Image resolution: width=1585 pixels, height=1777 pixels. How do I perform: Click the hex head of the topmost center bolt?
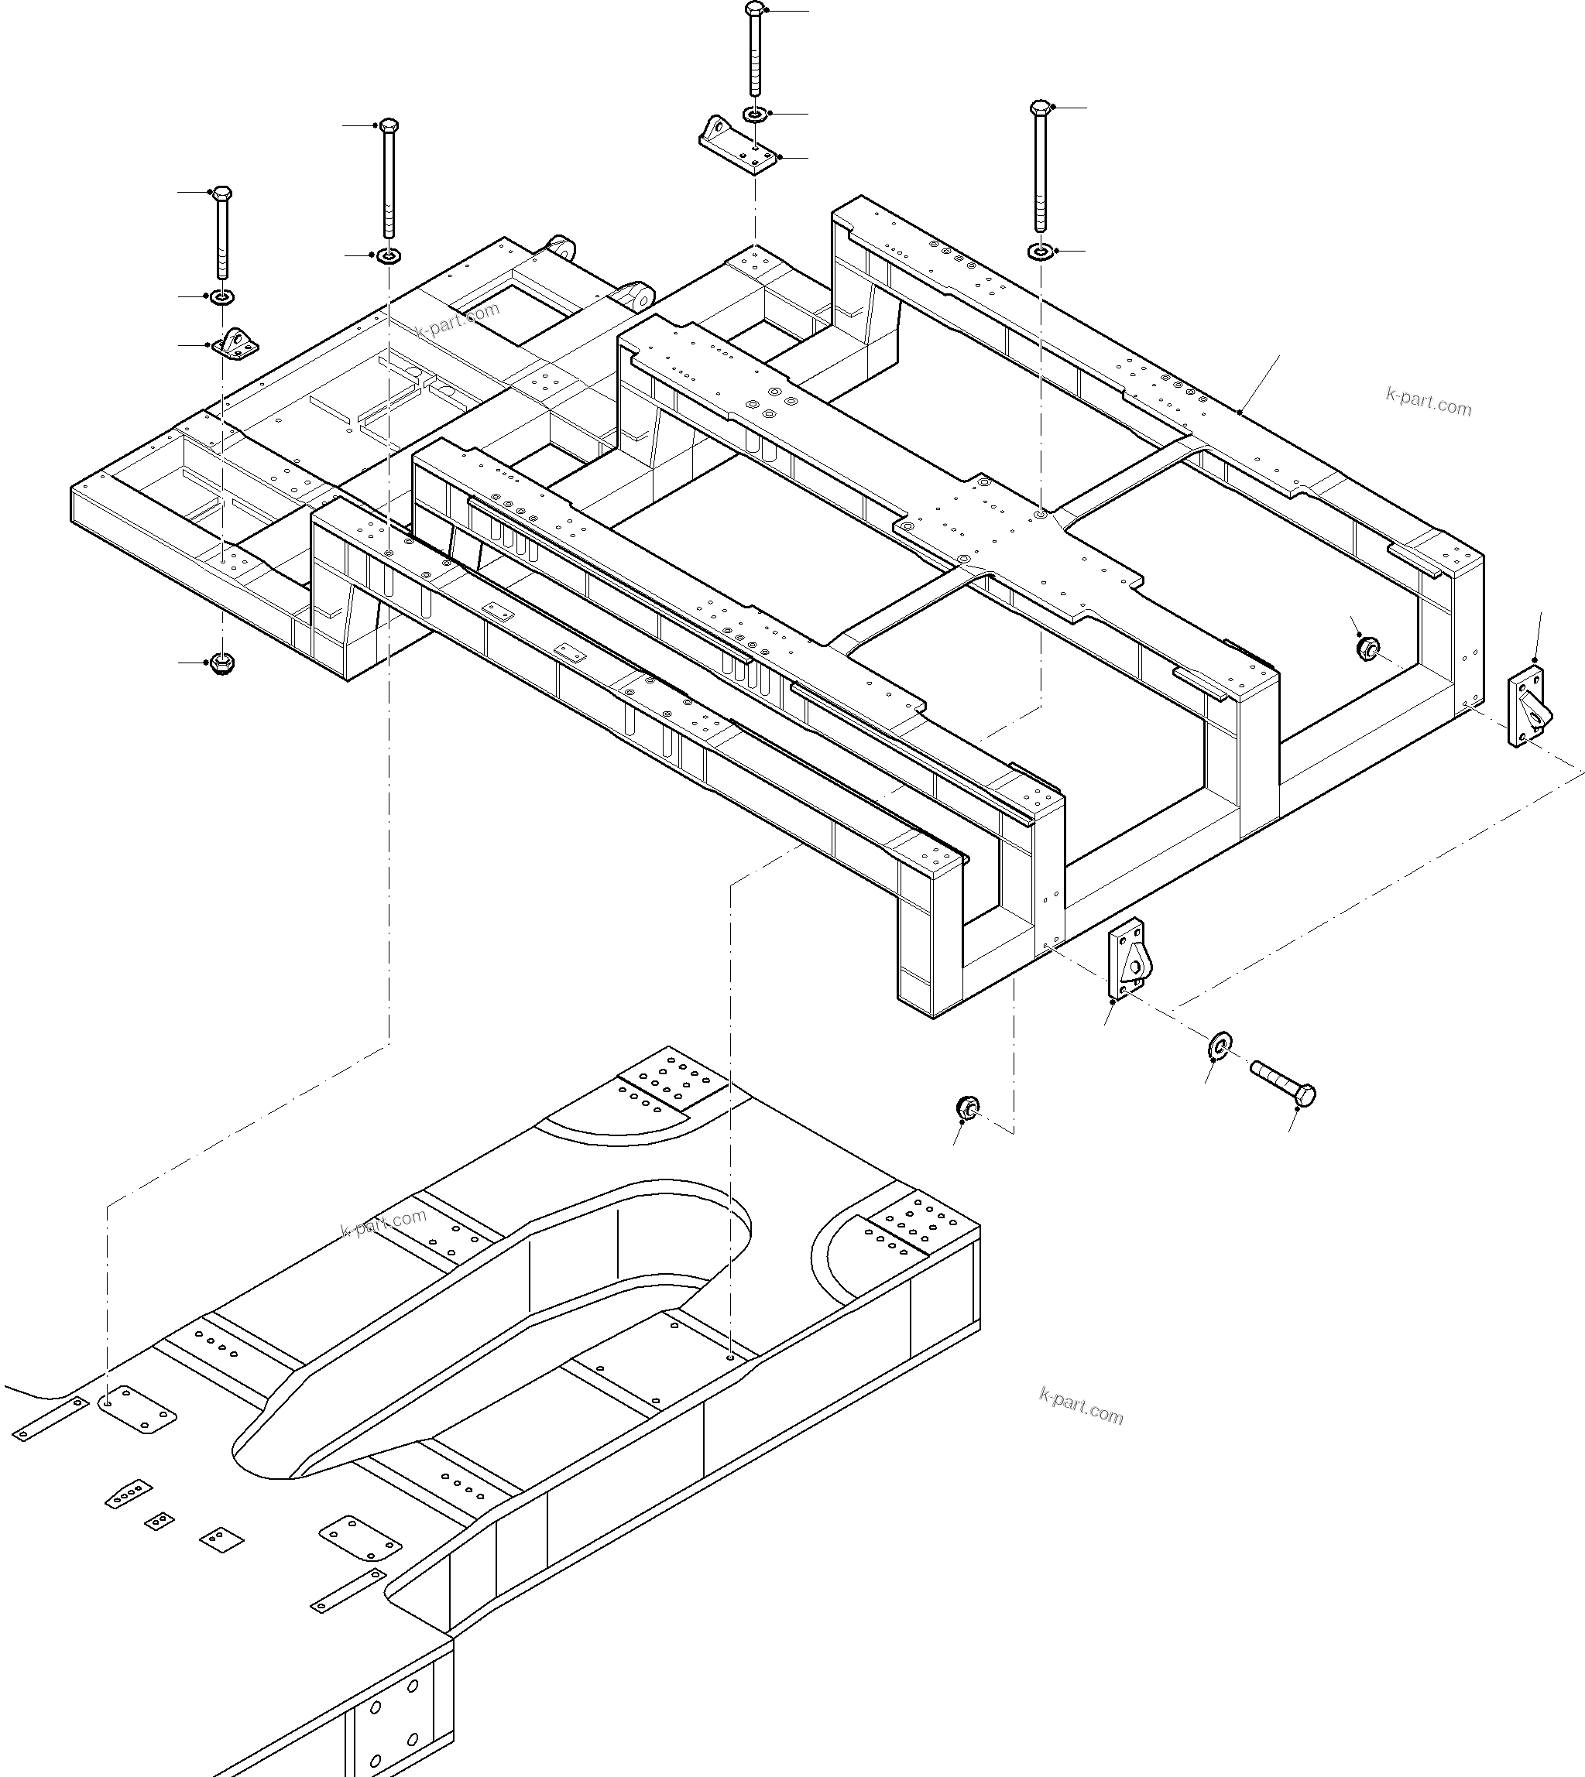(x=754, y=9)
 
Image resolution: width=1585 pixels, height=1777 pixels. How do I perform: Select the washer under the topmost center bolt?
(x=754, y=114)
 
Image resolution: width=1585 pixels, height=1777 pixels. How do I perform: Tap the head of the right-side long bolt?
(x=1040, y=108)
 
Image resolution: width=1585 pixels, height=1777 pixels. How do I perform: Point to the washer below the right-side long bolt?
(x=1039, y=252)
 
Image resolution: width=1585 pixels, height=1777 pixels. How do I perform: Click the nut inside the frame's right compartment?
(x=1367, y=647)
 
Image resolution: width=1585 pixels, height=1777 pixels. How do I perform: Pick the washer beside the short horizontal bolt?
(x=1220, y=1044)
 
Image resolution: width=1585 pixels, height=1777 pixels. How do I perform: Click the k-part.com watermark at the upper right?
(x=1429, y=402)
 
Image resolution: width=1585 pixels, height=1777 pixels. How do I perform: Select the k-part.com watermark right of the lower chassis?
(x=1081, y=1406)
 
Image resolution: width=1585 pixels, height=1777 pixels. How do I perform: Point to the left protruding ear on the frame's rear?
(x=561, y=248)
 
